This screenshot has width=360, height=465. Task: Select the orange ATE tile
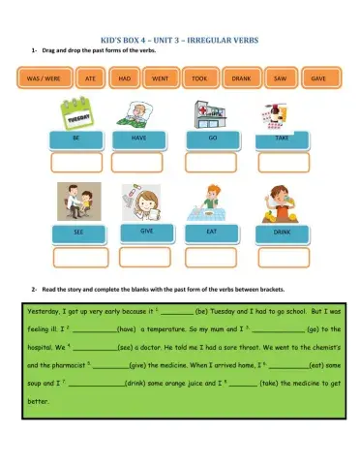pos(90,77)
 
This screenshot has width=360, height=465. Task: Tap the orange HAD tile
pos(125,77)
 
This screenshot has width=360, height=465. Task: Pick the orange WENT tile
pos(161,77)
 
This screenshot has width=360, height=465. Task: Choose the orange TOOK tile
pos(199,77)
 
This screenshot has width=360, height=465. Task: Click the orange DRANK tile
pos(241,77)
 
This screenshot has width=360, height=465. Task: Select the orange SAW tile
pos(280,77)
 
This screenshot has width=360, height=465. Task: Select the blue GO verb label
pos(212,139)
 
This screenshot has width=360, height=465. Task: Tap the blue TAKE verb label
pos(283,139)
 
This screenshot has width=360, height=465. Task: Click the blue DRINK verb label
pos(283,233)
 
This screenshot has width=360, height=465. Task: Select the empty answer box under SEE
pos(79,257)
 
